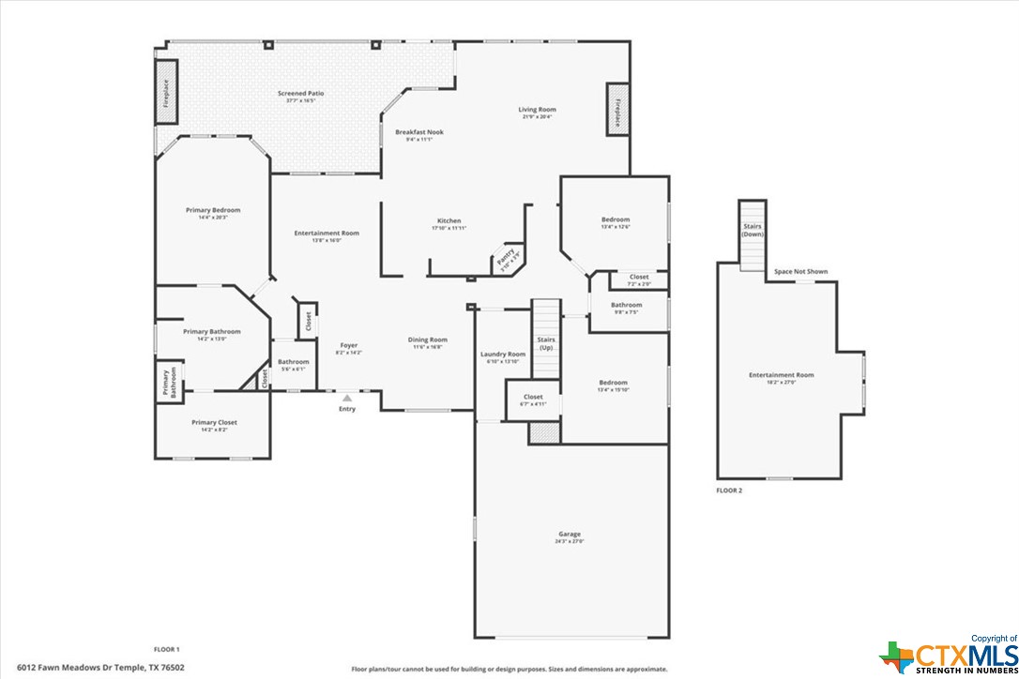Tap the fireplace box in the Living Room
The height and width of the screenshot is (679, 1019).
(x=616, y=110)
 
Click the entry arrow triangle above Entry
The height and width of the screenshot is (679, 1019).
(x=347, y=398)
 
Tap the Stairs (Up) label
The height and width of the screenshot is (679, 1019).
(x=545, y=343)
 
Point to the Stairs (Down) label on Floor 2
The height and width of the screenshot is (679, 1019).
(x=753, y=230)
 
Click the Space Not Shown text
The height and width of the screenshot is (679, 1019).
(x=800, y=272)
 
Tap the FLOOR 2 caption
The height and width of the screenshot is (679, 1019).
(x=729, y=490)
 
